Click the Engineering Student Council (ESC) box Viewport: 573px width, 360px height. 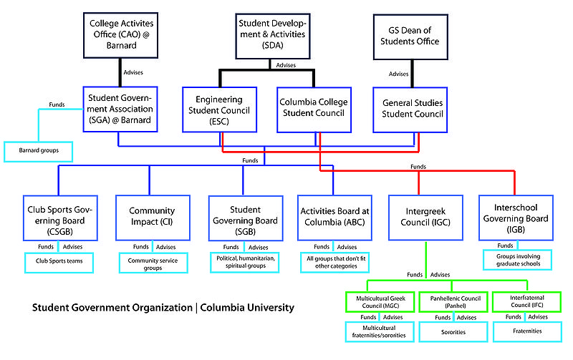(218, 110)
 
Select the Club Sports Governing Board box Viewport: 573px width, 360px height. (59, 215)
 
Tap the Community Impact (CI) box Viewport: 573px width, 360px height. (152, 215)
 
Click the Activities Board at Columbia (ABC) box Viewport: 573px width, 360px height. (333, 215)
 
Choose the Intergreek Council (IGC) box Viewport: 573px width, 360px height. (426, 215)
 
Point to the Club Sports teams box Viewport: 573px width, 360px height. (59, 261)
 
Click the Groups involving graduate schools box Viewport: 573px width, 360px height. (518, 259)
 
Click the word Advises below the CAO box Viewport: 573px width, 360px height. (133, 72)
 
